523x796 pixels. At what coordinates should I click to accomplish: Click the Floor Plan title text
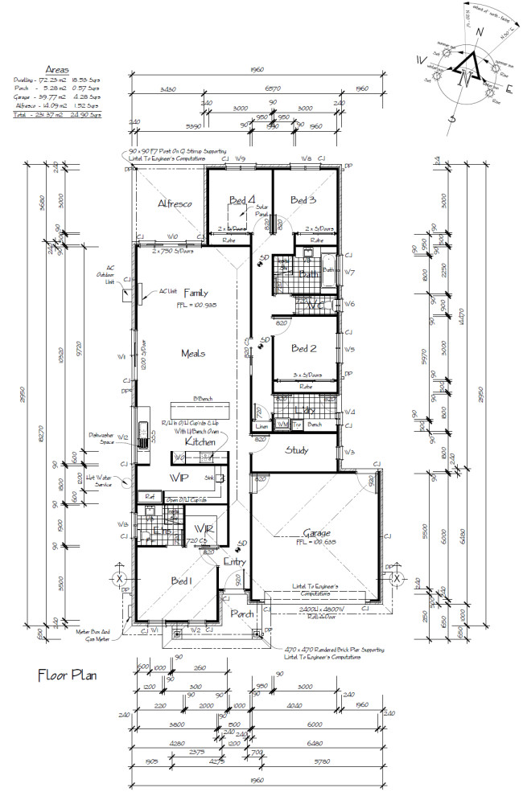coord(67,675)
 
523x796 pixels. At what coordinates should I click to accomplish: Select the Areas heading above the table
coord(57,70)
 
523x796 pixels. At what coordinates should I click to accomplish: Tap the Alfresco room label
coord(175,204)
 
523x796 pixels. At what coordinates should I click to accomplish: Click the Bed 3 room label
coord(303,199)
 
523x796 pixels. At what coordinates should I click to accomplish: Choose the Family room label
coord(196,292)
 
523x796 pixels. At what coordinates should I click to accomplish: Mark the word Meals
coord(194,353)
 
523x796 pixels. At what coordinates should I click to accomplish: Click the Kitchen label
coord(200,441)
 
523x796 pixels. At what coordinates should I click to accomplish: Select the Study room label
coord(297,450)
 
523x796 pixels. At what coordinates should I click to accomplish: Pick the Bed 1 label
coord(181,581)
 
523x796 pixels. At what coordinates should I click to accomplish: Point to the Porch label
coord(242,613)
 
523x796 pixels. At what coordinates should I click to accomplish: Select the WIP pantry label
coord(179,478)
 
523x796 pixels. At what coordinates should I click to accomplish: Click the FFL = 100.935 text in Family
coord(196,306)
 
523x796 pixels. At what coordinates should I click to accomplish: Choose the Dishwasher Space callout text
coord(105,438)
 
